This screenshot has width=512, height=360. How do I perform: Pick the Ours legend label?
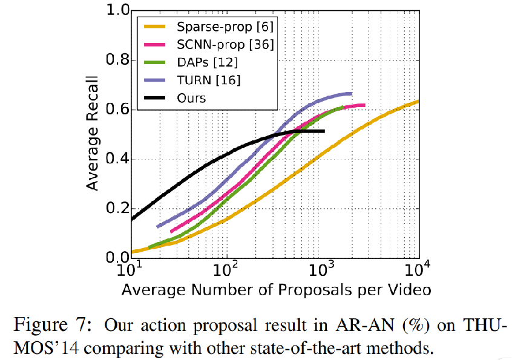[192, 97]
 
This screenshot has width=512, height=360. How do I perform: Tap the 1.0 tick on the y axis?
[115, 10]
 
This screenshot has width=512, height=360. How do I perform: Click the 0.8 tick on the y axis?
[115, 60]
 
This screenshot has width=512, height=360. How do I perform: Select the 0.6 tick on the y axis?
[115, 110]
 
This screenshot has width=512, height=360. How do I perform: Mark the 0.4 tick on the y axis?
[115, 159]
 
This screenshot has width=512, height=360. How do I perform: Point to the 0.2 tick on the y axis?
[115, 209]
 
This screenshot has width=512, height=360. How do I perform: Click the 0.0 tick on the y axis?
[115, 258]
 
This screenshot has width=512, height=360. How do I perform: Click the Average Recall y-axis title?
[92, 134]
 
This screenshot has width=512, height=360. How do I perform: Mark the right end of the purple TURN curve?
[351, 93]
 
